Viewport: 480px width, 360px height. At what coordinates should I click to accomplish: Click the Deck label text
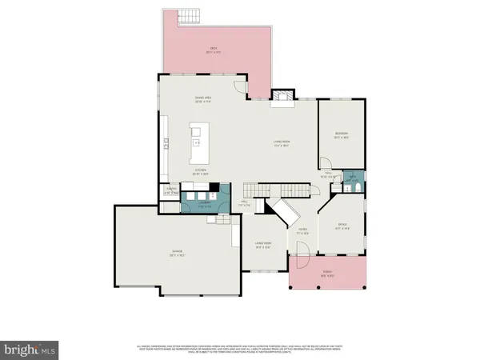pos(214,49)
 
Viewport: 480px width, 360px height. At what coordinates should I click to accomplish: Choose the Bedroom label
pos(341,133)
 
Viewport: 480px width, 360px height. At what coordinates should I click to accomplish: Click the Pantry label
pos(170,190)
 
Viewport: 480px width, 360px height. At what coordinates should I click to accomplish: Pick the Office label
pos(343,225)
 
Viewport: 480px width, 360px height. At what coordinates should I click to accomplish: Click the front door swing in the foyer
pos(300,260)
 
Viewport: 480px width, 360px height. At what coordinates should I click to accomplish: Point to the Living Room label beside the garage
pos(263,243)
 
